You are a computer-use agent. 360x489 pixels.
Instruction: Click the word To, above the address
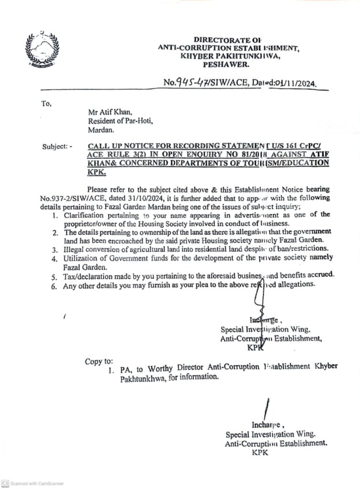46,103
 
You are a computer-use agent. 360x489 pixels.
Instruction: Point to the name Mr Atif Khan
106,112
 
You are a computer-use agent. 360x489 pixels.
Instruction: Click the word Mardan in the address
98,129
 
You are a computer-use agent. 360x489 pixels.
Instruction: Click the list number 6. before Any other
55,286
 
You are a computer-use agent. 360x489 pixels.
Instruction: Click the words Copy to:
99,361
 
